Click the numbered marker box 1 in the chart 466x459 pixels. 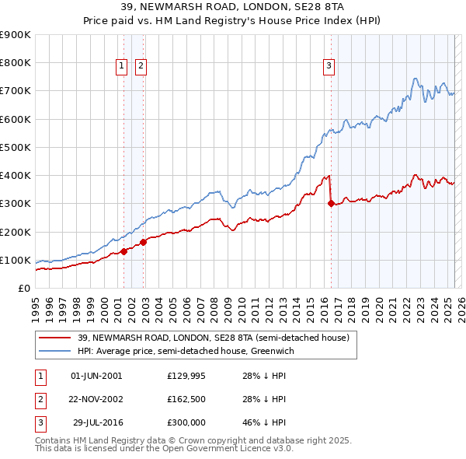click(x=123, y=67)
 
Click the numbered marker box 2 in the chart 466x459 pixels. click(x=141, y=67)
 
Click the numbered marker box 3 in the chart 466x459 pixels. click(x=329, y=67)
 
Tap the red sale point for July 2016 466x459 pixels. click(x=331, y=204)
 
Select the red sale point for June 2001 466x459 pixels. click(x=123, y=251)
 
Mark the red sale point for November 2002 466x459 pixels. click(x=144, y=242)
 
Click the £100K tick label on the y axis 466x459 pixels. click(x=16, y=260)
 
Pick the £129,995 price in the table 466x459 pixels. click(x=186, y=376)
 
